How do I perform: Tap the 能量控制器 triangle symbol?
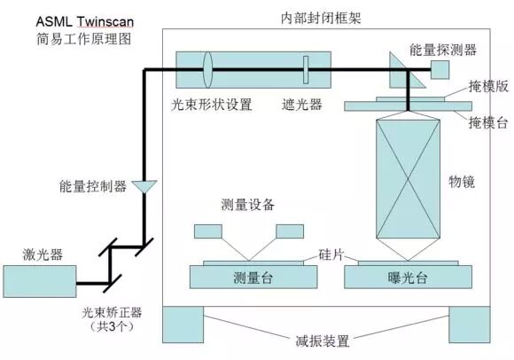click(143, 186)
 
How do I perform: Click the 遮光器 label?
click(301, 105)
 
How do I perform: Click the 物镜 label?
click(462, 183)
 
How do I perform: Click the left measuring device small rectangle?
click(207, 231)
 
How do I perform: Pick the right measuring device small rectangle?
click(291, 231)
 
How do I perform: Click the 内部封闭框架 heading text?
click(315, 17)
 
